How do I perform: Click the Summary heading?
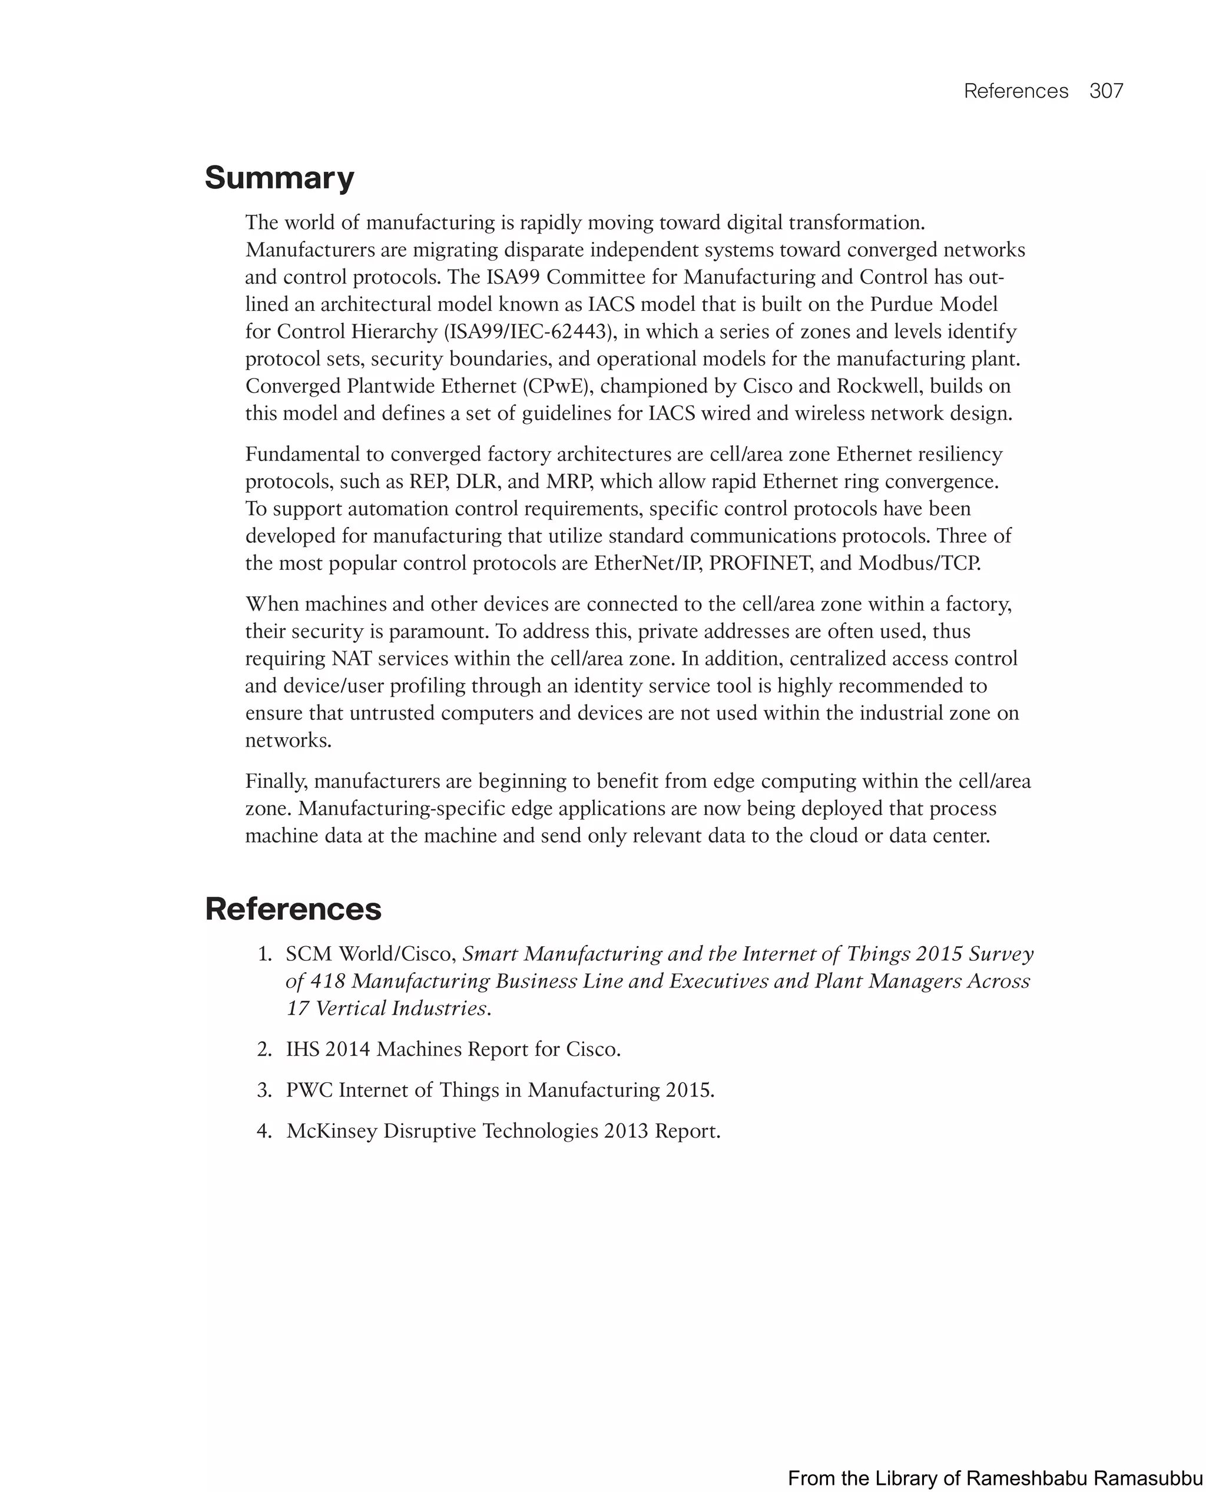pyautogui.click(x=279, y=178)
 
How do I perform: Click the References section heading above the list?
pyautogui.click(x=293, y=909)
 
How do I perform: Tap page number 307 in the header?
pyautogui.click(x=1106, y=91)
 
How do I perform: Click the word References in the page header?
pyautogui.click(x=1016, y=91)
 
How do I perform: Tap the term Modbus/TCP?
pyautogui.click(x=919, y=563)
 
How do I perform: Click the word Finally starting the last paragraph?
pyautogui.click(x=276, y=781)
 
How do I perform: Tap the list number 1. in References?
pyautogui.click(x=264, y=954)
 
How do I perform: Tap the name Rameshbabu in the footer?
pyautogui.click(x=1028, y=1478)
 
